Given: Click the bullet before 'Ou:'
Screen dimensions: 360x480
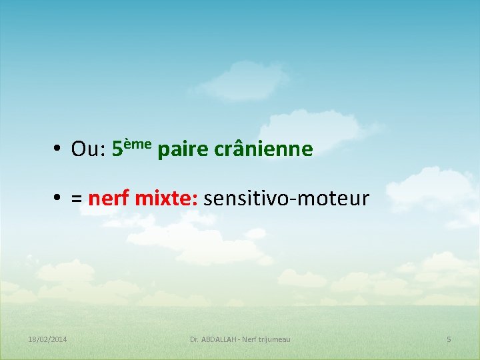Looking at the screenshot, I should (x=59, y=149).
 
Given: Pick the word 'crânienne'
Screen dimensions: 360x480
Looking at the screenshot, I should (x=263, y=149).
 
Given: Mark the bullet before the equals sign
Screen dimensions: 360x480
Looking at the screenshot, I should (x=59, y=198).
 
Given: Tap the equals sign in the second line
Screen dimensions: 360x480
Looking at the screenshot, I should (x=77, y=199).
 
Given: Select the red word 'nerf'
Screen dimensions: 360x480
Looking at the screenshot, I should (x=109, y=198).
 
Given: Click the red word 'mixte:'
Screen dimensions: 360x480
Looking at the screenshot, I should (x=166, y=198).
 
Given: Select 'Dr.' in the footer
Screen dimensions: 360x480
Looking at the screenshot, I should (x=195, y=339).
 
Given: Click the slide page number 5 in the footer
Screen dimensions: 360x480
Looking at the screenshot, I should (x=449, y=339).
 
